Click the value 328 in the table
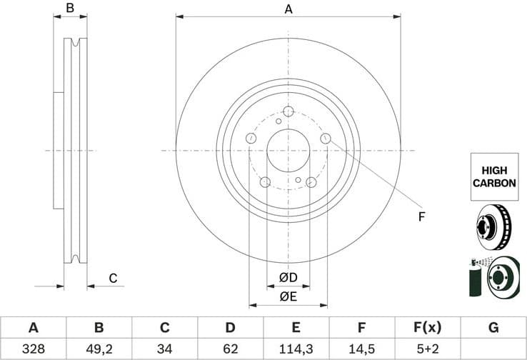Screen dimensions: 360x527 point(33,350)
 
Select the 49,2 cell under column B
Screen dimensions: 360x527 point(99,350)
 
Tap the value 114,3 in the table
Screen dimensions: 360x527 point(296,350)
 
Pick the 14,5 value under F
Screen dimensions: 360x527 point(362,350)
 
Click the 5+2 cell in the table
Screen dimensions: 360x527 point(428,350)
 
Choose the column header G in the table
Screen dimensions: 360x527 point(493,328)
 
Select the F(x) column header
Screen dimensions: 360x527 point(428,328)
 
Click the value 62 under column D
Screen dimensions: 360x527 point(231,350)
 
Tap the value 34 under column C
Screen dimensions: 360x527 point(165,350)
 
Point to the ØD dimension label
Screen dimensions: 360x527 point(288,277)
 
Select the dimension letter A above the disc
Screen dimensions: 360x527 point(288,9)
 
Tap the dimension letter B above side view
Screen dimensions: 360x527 point(69,9)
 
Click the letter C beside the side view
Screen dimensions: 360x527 point(113,279)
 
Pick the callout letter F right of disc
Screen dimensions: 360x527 point(421,216)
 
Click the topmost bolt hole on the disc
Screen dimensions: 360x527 point(288,111)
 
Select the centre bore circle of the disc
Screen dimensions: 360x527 point(288,151)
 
